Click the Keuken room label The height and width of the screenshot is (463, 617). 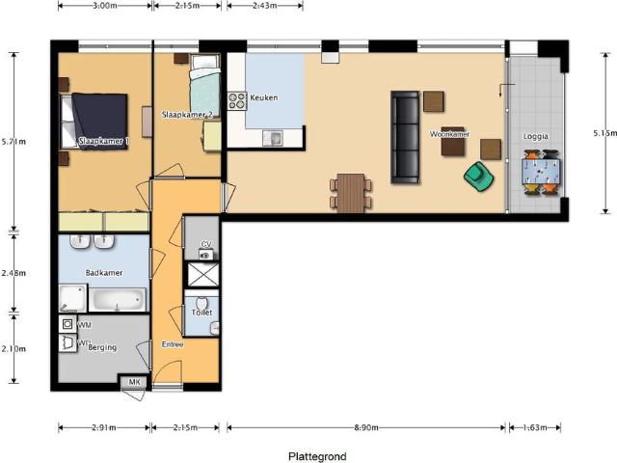tap(263, 98)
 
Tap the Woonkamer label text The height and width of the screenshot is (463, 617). tap(449, 134)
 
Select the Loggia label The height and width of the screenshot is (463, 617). tap(536, 136)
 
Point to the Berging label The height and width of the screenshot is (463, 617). tap(102, 347)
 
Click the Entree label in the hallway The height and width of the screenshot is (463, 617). tap(173, 343)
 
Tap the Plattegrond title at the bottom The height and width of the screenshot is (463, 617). tap(317, 456)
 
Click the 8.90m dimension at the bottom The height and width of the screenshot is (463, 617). tap(364, 427)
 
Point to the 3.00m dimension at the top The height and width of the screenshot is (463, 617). tap(104, 6)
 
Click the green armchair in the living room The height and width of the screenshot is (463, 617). tap(477, 176)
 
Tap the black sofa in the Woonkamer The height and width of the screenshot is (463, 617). tap(405, 137)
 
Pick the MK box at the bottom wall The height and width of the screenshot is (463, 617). tap(134, 383)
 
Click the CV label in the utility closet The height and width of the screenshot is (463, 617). tap(205, 245)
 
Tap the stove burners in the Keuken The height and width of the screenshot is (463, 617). tap(236, 99)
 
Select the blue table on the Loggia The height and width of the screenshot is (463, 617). tap(540, 173)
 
